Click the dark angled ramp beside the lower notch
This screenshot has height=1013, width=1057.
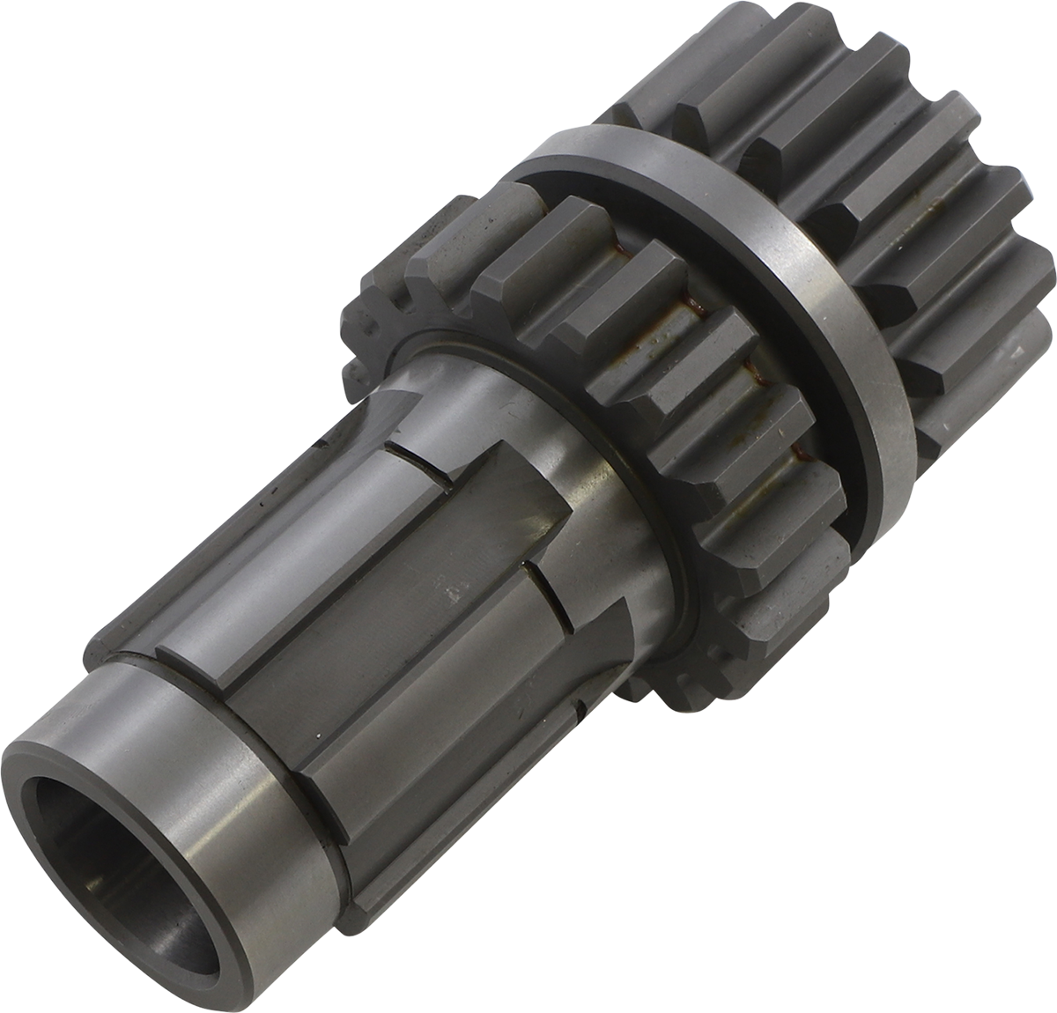click(608, 617)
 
